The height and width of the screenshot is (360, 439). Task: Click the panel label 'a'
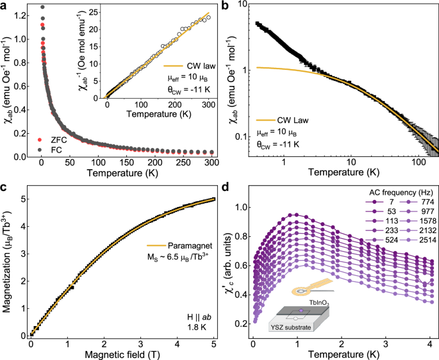tap(4, 6)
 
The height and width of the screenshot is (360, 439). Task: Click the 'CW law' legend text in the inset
tap(181, 65)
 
